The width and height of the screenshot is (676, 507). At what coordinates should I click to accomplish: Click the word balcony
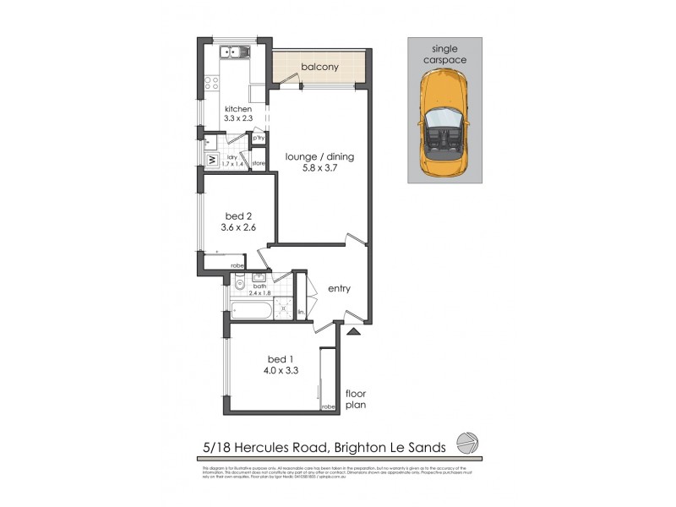click(319, 68)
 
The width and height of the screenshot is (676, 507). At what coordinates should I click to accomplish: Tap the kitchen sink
click(232, 53)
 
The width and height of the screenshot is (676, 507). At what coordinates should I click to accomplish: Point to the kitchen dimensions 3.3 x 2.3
click(238, 120)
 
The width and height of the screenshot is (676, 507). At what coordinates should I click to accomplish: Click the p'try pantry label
click(259, 138)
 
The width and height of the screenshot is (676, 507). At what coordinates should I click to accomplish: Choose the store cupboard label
click(259, 162)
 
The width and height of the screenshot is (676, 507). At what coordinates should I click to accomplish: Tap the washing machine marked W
click(209, 158)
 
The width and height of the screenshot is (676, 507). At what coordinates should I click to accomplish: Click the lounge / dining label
click(319, 156)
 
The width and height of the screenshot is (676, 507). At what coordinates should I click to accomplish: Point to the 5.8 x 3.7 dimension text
click(319, 168)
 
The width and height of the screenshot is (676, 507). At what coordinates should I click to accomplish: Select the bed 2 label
click(232, 215)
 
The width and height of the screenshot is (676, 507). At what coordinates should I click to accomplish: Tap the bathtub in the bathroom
click(251, 310)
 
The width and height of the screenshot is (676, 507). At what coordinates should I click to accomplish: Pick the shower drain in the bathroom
click(284, 303)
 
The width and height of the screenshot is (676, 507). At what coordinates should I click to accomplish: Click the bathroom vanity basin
click(260, 277)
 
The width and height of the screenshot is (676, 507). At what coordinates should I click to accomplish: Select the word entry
click(339, 289)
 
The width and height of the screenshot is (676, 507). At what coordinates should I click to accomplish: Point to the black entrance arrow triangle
click(352, 331)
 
